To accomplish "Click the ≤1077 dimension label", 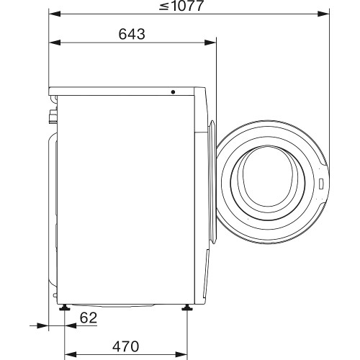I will pyautogui.click(x=183, y=7).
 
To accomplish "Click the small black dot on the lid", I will pyautogui.click(x=173, y=91).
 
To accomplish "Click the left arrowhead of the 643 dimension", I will pyautogui.click(x=53, y=42).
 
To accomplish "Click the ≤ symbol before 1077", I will pyautogui.click(x=164, y=8).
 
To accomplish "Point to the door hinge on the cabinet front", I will pyautogui.click(x=213, y=127).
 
